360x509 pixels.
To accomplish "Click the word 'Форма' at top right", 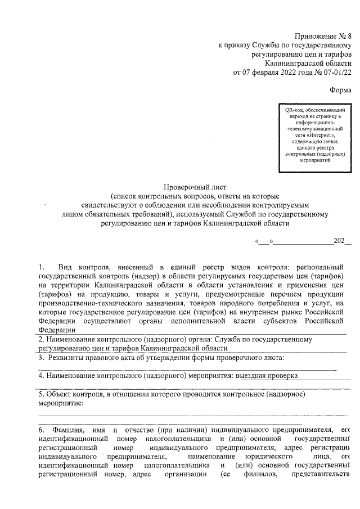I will pyautogui.click(x=340, y=89).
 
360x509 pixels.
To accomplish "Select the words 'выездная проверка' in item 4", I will pyautogui.click(x=266, y=375).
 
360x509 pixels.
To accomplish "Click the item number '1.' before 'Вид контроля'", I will pyautogui.click(x=42, y=266).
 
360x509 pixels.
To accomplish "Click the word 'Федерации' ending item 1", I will pyautogui.click(x=57, y=330).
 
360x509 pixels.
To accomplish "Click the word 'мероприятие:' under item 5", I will pyautogui.click(x=61, y=403).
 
